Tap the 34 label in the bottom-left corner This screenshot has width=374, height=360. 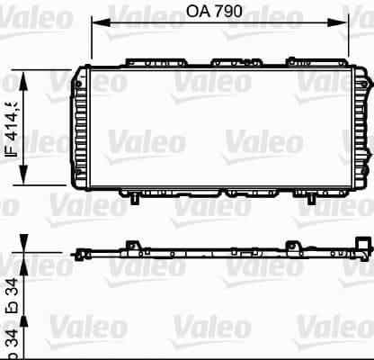[12, 340]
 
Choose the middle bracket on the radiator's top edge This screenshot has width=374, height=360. [228, 62]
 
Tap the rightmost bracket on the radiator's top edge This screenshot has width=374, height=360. [302, 62]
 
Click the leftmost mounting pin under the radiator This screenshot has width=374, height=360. [133, 195]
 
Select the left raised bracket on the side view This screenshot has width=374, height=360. [133, 222]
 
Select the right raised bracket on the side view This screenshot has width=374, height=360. [292, 222]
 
